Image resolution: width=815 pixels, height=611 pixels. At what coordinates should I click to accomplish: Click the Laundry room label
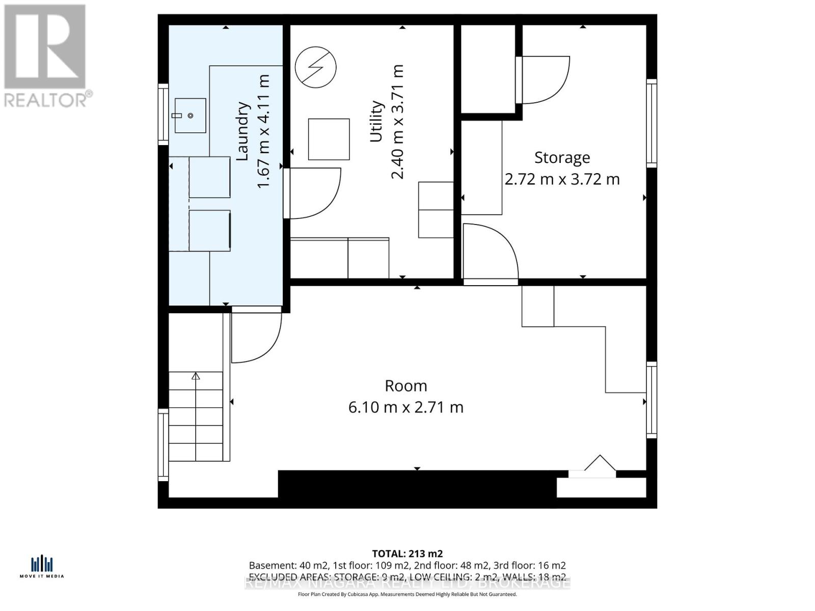(243, 131)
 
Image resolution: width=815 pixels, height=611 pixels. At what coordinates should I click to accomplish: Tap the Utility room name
(376, 121)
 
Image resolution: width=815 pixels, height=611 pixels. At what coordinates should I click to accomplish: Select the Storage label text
(562, 158)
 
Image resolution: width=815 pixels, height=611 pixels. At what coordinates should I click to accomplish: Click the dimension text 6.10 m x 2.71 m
(405, 407)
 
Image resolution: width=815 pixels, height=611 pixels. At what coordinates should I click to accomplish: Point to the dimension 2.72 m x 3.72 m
(562, 180)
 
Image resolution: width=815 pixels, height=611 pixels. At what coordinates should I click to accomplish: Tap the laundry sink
(190, 116)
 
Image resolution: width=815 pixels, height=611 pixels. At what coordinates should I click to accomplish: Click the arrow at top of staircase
(196, 377)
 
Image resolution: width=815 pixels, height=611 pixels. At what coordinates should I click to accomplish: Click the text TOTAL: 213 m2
(407, 553)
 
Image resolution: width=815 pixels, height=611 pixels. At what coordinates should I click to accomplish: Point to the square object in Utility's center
(329, 139)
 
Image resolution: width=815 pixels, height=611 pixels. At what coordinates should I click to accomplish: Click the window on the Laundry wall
(163, 113)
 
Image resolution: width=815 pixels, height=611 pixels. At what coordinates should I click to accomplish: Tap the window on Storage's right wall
(651, 123)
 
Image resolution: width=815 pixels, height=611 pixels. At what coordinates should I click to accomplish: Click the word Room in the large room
(405, 386)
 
